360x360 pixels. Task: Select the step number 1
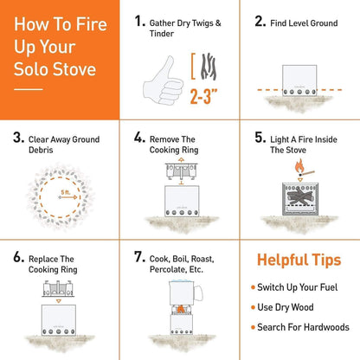click(x=138, y=19)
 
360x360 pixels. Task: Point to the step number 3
click(x=18, y=137)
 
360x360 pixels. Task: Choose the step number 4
click(x=138, y=137)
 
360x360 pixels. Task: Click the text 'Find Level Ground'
click(x=308, y=20)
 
